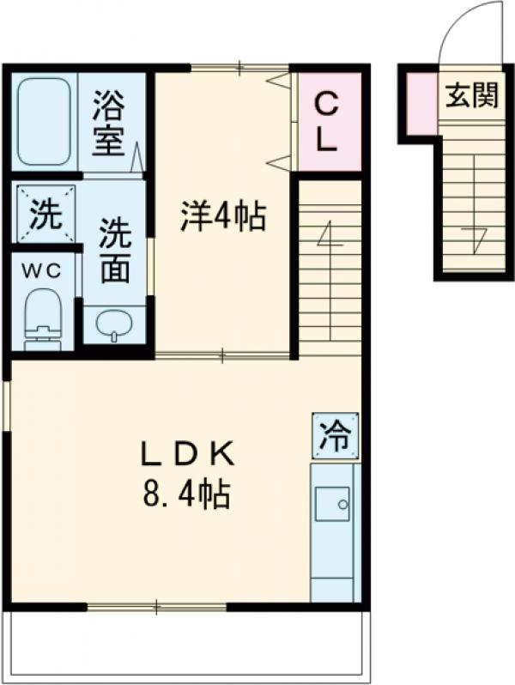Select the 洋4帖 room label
click(221, 217)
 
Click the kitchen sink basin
click(331, 504)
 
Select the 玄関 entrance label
click(471, 96)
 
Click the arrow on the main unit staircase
click(327, 236)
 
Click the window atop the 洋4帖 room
click(240, 67)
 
